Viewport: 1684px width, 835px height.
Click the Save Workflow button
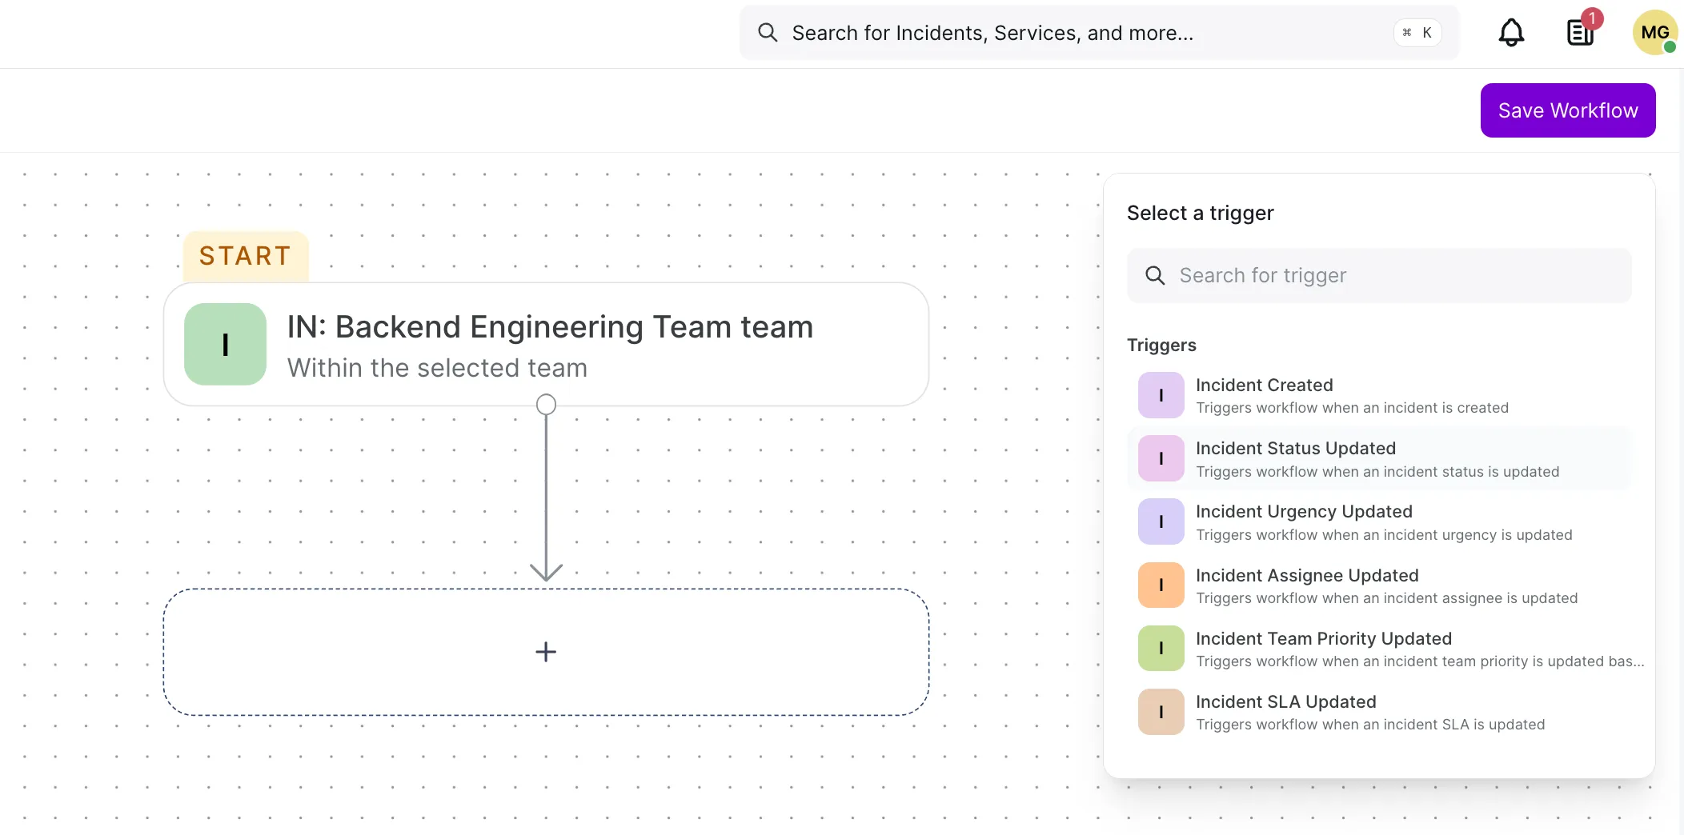pos(1568,110)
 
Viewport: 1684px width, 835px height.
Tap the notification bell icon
pos(1511,33)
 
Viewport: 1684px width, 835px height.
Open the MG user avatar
pos(1654,33)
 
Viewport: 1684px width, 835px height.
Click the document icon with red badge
pos(1582,31)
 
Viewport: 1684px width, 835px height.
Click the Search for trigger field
pos(1379,275)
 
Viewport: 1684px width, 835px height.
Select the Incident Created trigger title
pos(1265,385)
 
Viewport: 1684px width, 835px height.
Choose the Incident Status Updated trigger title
pos(1296,448)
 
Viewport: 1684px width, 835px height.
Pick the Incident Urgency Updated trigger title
pos(1304,512)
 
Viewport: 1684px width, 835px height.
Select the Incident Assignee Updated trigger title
pos(1307,575)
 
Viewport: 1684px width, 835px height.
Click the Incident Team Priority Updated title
pos(1324,638)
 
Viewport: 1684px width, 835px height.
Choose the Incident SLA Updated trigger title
pos(1286,701)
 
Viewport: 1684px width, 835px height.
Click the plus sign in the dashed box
pos(546,652)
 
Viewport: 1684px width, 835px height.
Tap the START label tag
pos(246,256)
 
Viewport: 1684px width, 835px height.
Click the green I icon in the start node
pos(225,344)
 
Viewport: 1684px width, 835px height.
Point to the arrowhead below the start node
pos(546,573)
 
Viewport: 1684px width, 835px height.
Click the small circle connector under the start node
pos(546,405)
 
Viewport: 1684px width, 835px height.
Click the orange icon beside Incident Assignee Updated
pos(1161,585)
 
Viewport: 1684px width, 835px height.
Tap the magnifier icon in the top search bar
pos(768,32)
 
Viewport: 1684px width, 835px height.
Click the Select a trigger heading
pos(1200,213)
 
